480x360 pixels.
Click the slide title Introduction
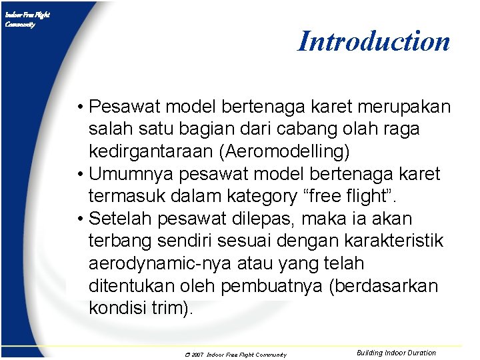tap(373, 41)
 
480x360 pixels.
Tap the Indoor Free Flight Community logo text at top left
tap(27, 19)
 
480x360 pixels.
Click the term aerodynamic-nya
tap(165, 263)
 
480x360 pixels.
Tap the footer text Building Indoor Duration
tap(396, 353)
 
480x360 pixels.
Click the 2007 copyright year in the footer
tap(197, 355)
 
